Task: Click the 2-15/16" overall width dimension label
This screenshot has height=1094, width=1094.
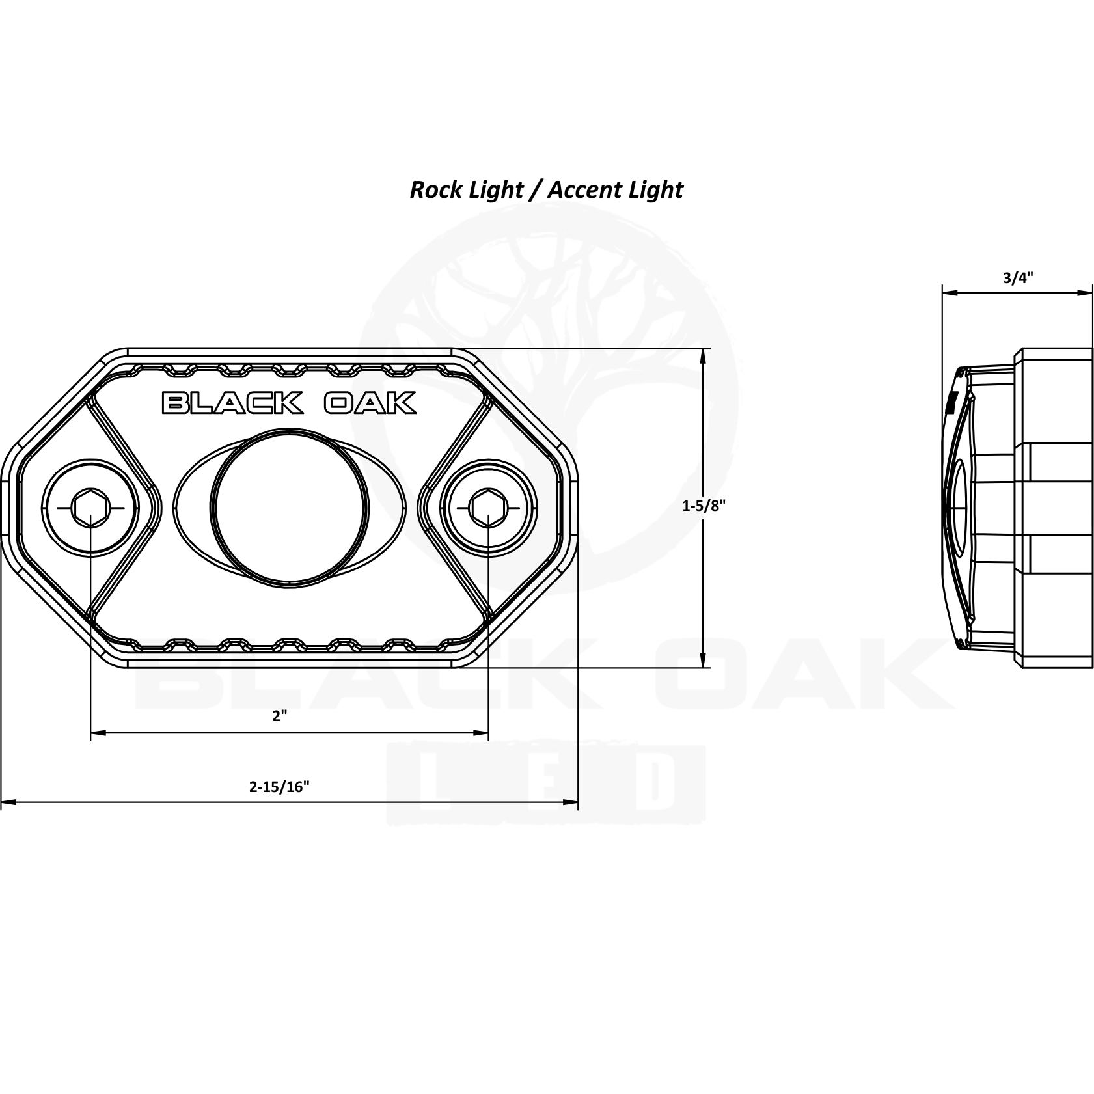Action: pyautogui.click(x=279, y=786)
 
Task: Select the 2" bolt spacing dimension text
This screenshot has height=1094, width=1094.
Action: pyautogui.click(x=280, y=716)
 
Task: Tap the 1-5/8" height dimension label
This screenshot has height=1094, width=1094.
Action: pyautogui.click(x=704, y=506)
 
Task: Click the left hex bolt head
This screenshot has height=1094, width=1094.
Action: pyautogui.click(x=90, y=508)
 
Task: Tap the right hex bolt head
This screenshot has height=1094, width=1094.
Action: pyautogui.click(x=488, y=508)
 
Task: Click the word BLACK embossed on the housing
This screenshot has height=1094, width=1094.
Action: pyautogui.click(x=232, y=403)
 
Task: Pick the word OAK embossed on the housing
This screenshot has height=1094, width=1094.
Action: pyautogui.click(x=370, y=403)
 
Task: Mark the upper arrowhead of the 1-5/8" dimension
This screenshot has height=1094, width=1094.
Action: pyautogui.click(x=704, y=355)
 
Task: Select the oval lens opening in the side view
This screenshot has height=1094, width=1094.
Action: pyautogui.click(x=956, y=508)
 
